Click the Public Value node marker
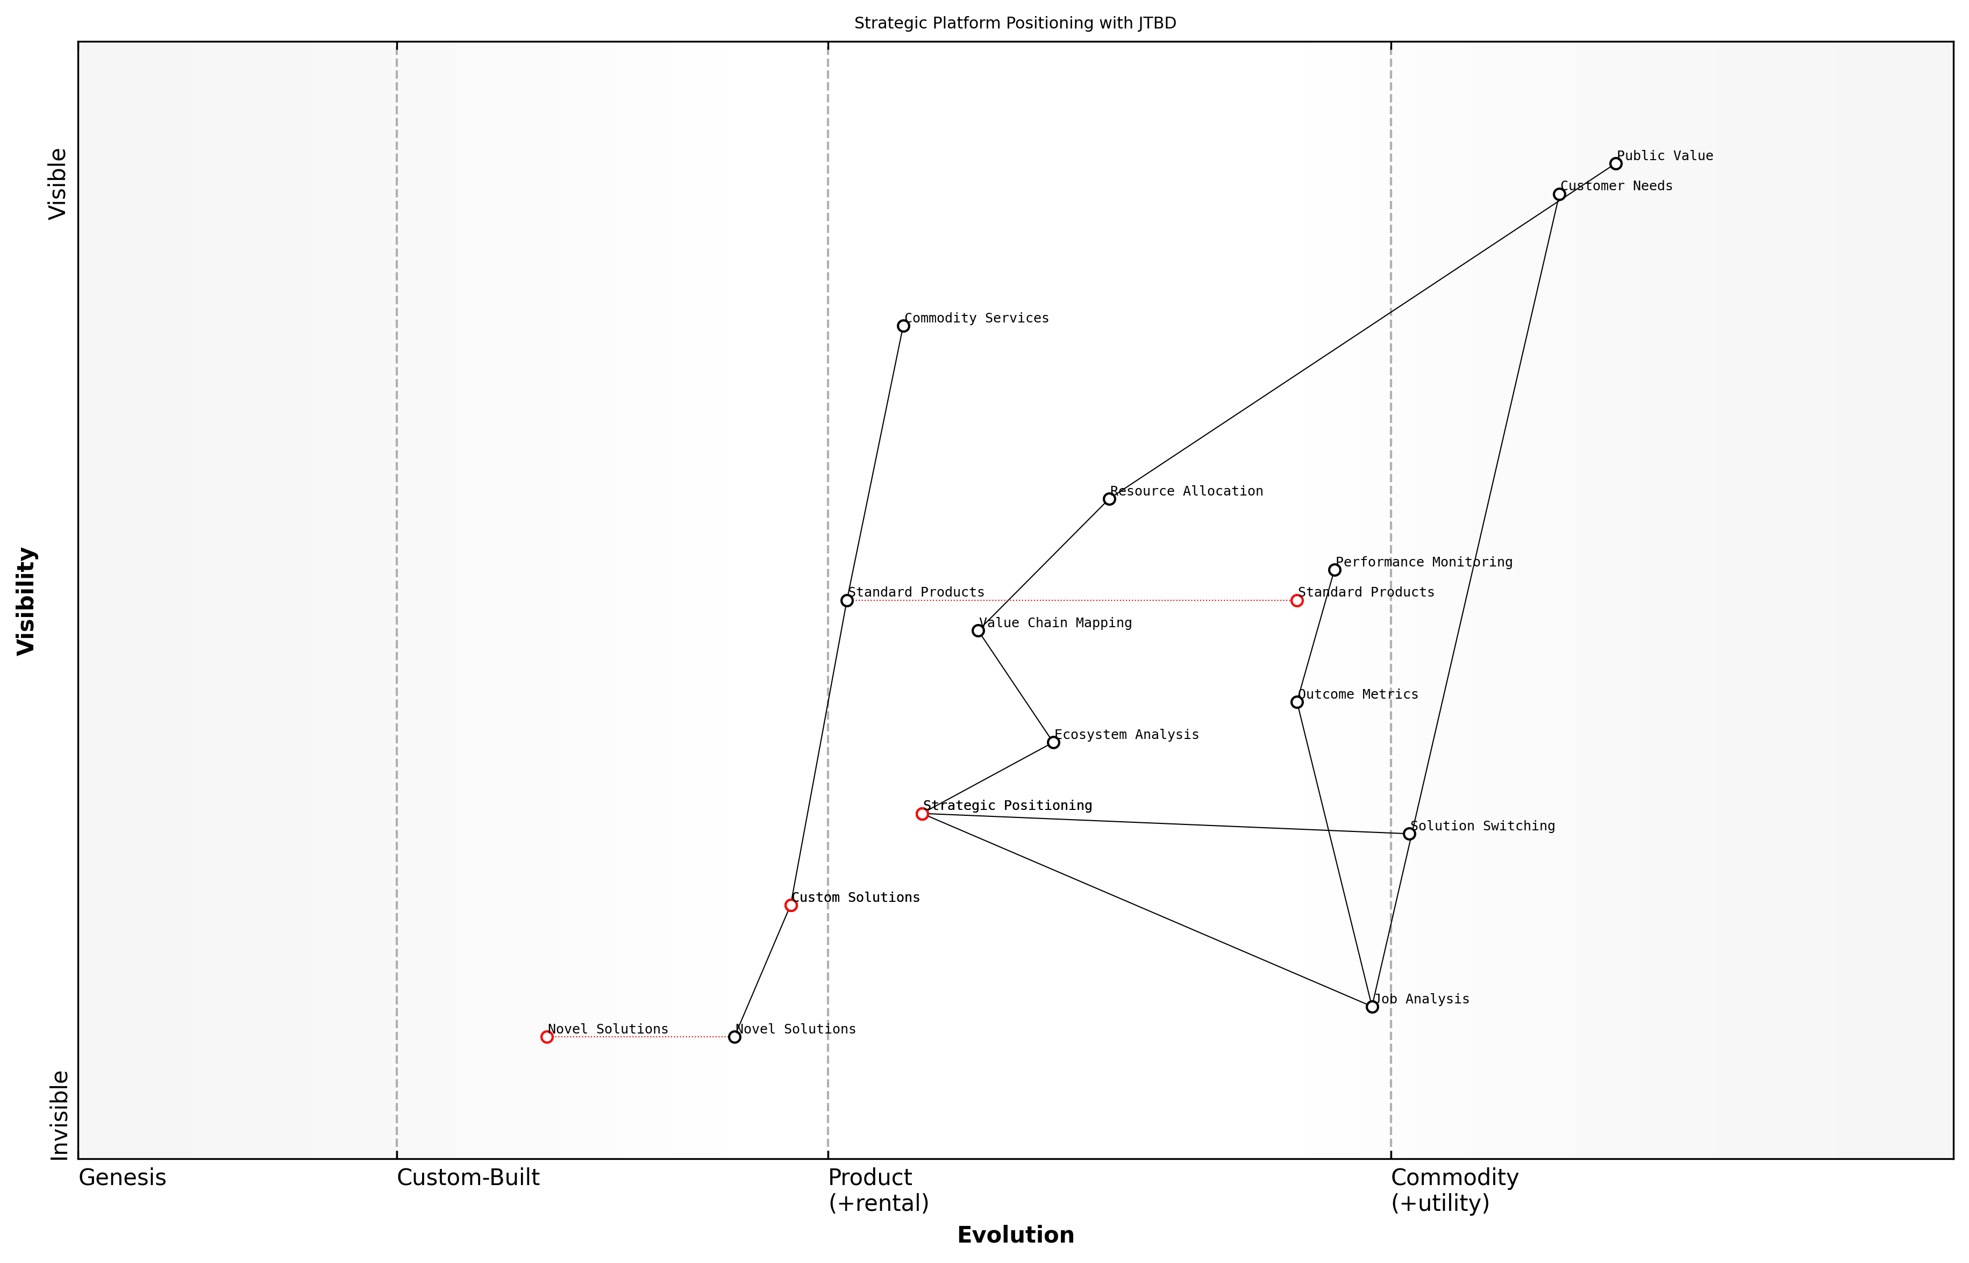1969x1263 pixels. tap(1615, 164)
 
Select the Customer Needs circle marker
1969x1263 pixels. tap(1559, 195)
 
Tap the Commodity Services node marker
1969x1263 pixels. tap(903, 326)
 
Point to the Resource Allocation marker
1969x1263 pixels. tap(1109, 499)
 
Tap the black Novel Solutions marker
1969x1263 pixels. tap(734, 1037)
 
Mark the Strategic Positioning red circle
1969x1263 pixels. tap(922, 814)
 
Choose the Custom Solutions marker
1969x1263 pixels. tap(791, 906)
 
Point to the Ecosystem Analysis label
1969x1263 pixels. tap(1126, 734)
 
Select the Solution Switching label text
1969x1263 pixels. tap(1482, 826)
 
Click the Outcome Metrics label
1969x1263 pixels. tap(1358, 694)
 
